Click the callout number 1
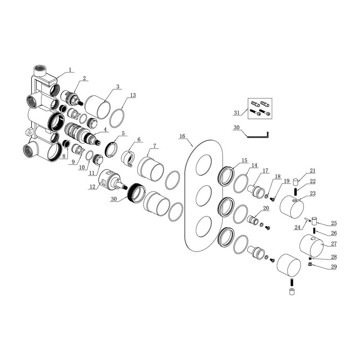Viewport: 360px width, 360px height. click(x=70, y=69)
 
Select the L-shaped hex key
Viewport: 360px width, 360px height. click(x=258, y=136)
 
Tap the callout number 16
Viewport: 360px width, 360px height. click(x=182, y=136)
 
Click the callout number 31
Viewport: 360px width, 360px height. click(x=237, y=113)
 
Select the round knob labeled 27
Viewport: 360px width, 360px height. click(x=312, y=246)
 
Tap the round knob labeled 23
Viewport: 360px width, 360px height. click(x=292, y=206)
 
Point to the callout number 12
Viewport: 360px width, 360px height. click(x=92, y=186)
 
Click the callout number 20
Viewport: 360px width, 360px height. click(x=266, y=208)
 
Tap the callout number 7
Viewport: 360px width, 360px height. click(x=154, y=146)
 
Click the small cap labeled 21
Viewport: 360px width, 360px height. click(x=296, y=181)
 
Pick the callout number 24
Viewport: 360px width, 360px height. click(x=297, y=227)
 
